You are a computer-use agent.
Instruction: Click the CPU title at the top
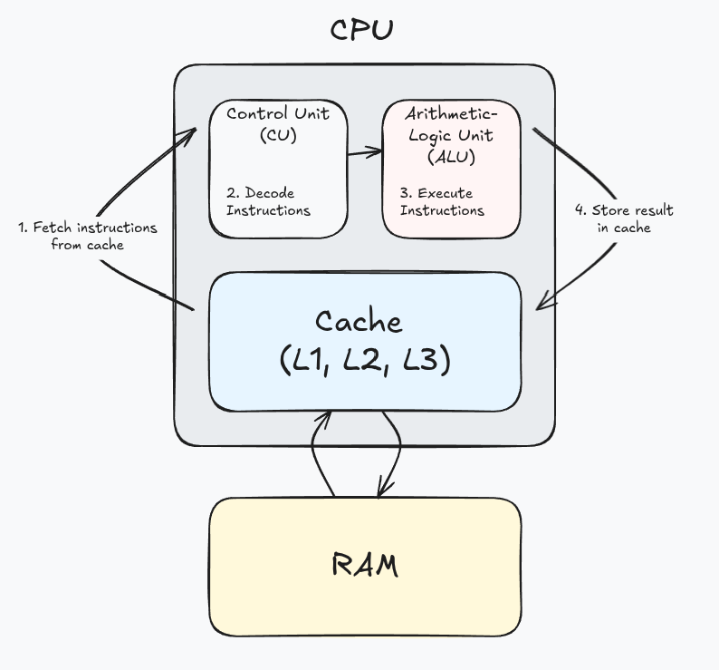(360, 30)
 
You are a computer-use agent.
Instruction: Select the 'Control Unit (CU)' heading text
(277, 124)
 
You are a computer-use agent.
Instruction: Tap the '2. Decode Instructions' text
(268, 201)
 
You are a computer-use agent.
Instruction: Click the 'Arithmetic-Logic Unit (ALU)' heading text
(450, 135)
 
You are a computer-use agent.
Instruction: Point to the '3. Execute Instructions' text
(442, 201)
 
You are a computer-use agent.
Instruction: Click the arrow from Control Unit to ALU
(365, 153)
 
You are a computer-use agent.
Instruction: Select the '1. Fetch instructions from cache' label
(87, 236)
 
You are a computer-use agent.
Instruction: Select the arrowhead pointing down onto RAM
(383, 489)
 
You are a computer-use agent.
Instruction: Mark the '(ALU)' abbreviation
(450, 155)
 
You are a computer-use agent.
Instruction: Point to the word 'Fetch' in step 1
(52, 228)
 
